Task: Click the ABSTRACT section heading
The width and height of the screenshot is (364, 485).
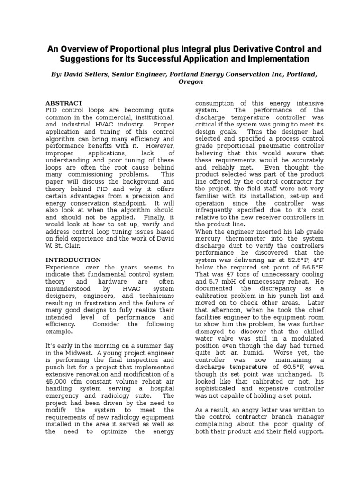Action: pos(64,103)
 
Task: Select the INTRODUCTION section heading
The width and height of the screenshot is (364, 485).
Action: pos(73,260)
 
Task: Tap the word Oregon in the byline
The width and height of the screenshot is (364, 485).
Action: pos(191,81)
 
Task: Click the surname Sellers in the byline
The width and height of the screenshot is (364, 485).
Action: pos(102,74)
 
